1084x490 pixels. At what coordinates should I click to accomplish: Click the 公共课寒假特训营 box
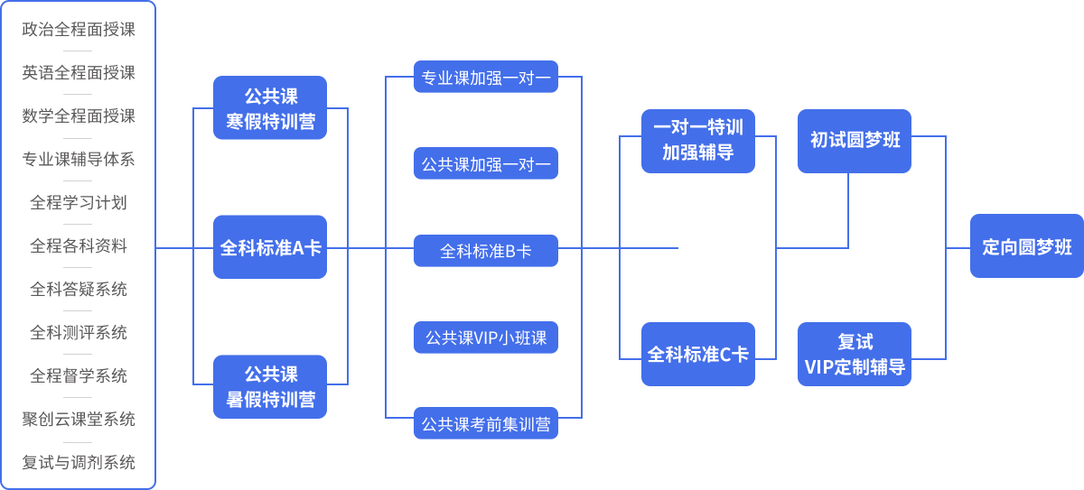tap(270, 107)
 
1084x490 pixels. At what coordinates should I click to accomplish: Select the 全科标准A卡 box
tap(270, 247)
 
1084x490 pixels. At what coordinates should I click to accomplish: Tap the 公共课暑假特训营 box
tap(270, 386)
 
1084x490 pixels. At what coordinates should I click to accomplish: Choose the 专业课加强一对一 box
tap(486, 77)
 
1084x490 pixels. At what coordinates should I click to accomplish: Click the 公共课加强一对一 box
tap(486, 163)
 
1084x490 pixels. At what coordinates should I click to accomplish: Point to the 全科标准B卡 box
tap(486, 250)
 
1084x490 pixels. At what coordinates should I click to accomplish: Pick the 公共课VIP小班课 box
tap(486, 337)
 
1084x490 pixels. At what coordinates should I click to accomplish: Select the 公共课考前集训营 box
tap(486, 423)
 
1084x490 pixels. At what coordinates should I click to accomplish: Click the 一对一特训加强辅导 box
tap(698, 141)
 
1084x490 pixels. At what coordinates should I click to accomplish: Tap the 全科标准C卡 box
tap(698, 355)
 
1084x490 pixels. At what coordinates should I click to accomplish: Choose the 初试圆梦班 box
tap(855, 141)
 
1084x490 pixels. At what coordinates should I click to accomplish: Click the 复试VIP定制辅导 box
tap(855, 355)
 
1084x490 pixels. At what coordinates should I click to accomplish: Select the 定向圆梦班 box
tap(1027, 246)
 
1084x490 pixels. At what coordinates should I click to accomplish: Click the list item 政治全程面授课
tap(79, 30)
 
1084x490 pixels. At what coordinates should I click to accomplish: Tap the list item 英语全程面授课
tap(79, 72)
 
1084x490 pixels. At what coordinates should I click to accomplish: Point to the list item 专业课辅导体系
tap(79, 159)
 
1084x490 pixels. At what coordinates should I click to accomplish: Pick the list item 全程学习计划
tap(79, 202)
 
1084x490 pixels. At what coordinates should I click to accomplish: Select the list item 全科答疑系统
tap(79, 289)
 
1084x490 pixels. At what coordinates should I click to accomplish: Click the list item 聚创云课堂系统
tap(79, 419)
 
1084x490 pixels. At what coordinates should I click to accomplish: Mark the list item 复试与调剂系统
tap(79, 462)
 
